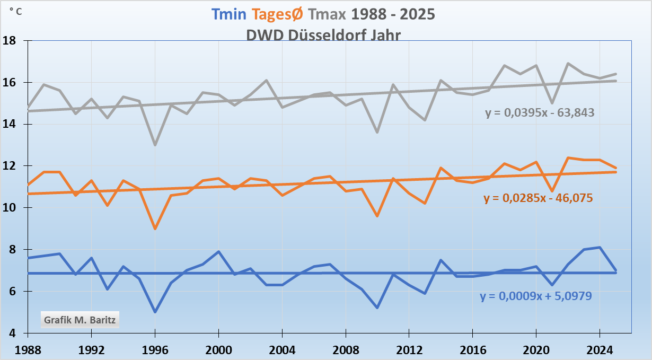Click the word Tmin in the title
[228, 14]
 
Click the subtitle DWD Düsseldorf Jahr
[323, 35]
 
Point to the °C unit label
[16, 11]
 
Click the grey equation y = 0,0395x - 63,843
[539, 112]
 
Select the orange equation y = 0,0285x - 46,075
[538, 198]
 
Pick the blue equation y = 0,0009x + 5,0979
[536, 296]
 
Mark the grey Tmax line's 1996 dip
[155, 145]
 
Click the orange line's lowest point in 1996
[155, 229]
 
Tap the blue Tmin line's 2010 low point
[377, 308]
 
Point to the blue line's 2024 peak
[600, 247]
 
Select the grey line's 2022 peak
[568, 64]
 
